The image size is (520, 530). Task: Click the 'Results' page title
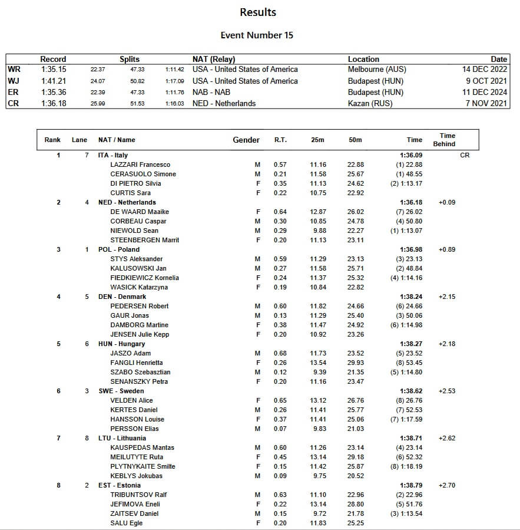click(x=258, y=12)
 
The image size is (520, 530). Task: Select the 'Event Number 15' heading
click(x=257, y=35)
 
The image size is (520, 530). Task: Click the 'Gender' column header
click(x=246, y=140)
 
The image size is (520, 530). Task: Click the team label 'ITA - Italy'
click(x=113, y=155)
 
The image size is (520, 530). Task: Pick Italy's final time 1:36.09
click(x=411, y=155)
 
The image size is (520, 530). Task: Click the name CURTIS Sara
click(x=130, y=193)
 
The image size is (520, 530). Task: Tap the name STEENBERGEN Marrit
click(x=144, y=240)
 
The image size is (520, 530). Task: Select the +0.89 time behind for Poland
click(x=447, y=249)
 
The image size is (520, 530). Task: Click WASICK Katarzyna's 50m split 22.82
click(x=355, y=287)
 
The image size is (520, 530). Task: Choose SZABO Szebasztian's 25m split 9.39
click(x=319, y=372)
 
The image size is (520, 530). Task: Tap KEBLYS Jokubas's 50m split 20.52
click(x=355, y=476)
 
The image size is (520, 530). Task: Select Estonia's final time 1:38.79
click(x=411, y=485)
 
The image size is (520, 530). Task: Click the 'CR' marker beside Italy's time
click(x=465, y=155)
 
